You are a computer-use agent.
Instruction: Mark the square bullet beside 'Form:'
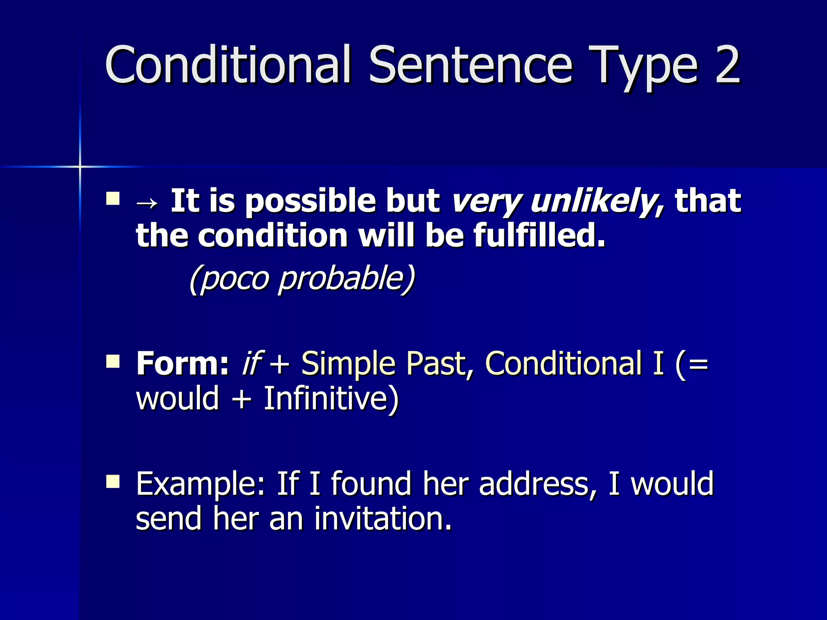pos(113,361)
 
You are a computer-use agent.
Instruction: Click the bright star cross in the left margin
pos(80,166)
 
